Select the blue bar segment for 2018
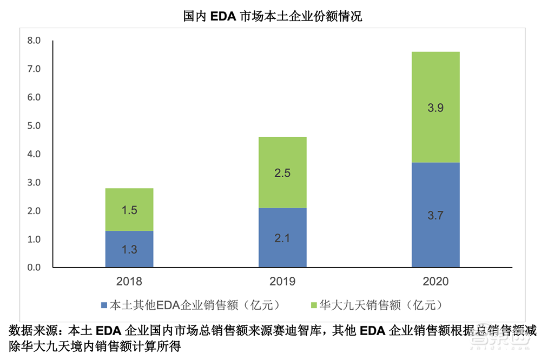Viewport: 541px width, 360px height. pos(129,249)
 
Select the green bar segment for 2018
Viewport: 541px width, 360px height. pos(129,210)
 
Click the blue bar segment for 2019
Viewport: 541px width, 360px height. pos(282,238)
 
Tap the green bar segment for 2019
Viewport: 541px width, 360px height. pos(282,172)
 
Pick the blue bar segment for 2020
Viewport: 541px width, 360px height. pos(436,215)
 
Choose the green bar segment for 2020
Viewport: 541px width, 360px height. pos(436,107)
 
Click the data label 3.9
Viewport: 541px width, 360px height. pos(436,108)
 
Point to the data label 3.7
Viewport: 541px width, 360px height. pos(436,216)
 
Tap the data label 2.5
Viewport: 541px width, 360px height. pos(282,174)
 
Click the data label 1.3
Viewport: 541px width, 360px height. pos(129,250)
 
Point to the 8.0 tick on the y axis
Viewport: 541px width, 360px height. pos(34,41)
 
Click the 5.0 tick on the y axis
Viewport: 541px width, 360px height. pos(34,126)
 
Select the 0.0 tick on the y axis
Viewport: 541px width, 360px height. pos(34,268)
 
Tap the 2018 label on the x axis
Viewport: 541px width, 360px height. pos(129,282)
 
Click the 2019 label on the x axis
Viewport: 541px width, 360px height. pos(282,282)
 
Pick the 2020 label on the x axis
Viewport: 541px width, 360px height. pos(436,282)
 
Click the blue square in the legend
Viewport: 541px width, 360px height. pos(104,305)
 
